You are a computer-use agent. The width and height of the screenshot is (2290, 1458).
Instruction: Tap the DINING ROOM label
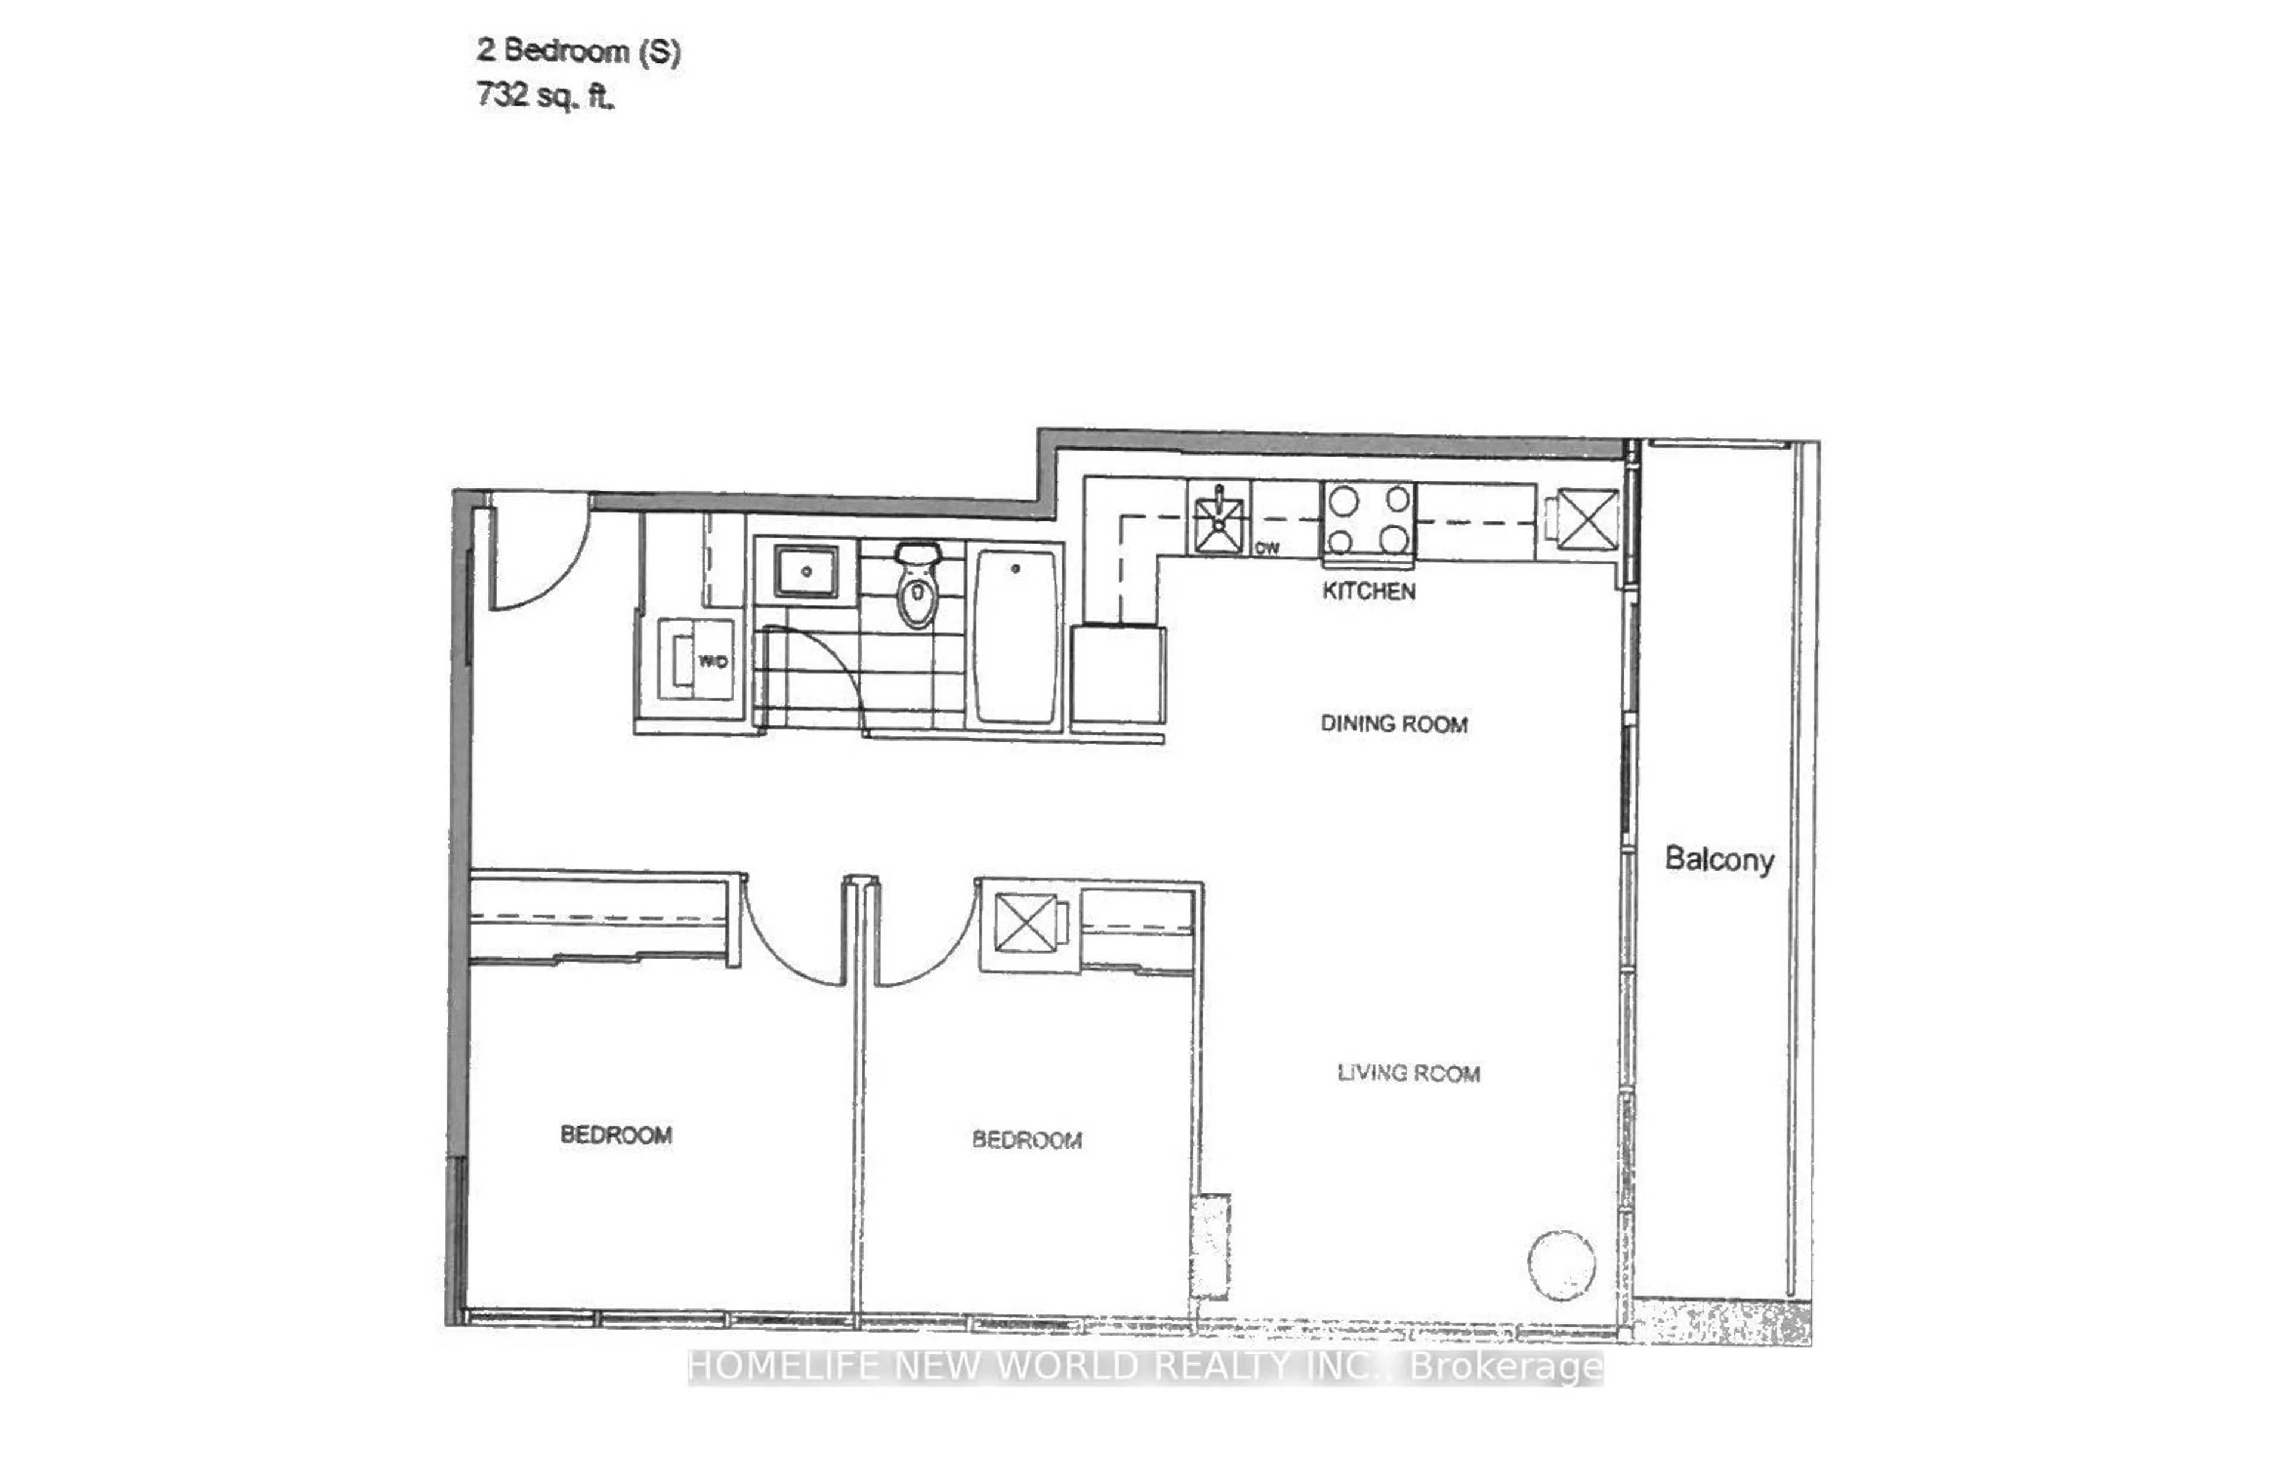1393,724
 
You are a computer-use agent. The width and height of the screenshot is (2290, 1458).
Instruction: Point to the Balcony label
1719,860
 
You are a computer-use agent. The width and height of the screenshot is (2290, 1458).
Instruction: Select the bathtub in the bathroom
1015,635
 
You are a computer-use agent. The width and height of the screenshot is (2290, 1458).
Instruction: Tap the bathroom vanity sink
806,572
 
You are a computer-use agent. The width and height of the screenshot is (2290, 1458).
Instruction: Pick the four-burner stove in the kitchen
1367,519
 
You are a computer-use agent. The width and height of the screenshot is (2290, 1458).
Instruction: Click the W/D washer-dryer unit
696,660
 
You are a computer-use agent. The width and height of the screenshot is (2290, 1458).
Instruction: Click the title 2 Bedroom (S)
578,51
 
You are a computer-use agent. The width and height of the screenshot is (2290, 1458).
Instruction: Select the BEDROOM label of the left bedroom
616,1135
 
